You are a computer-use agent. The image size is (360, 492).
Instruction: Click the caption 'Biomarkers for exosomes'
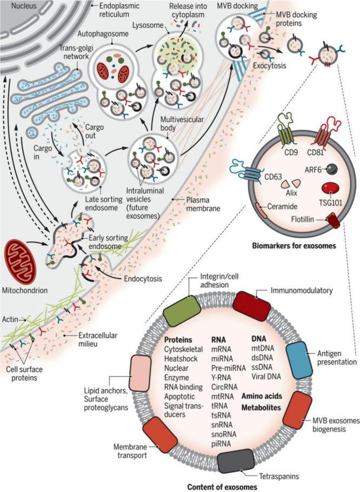coord(293,245)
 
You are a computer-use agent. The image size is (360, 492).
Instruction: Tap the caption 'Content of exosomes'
coord(222,487)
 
